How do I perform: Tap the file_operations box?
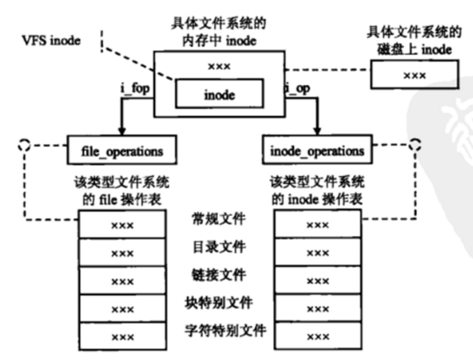(121, 150)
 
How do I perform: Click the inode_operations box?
(317, 150)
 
